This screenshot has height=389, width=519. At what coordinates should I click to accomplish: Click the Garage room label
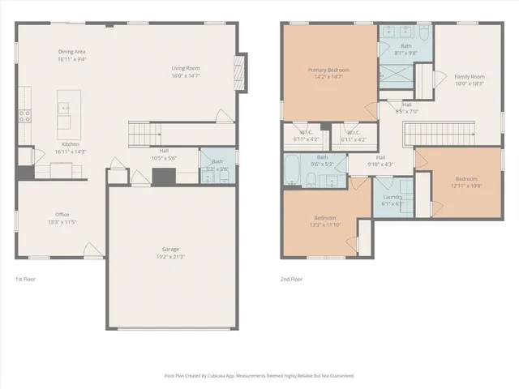tap(170, 252)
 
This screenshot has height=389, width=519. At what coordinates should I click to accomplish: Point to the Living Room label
tap(185, 71)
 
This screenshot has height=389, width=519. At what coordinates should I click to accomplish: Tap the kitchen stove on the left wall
tap(24, 115)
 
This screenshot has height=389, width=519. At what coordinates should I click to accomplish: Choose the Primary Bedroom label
tap(328, 73)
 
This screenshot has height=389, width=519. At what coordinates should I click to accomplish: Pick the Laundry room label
tap(392, 200)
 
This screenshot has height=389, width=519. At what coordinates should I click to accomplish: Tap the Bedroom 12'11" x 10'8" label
tap(466, 182)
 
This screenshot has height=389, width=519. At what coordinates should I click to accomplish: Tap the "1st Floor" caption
tap(26, 280)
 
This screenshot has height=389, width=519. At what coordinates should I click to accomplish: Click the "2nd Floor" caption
tap(290, 280)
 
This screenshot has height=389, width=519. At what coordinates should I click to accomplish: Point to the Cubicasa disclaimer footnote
tap(259, 377)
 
